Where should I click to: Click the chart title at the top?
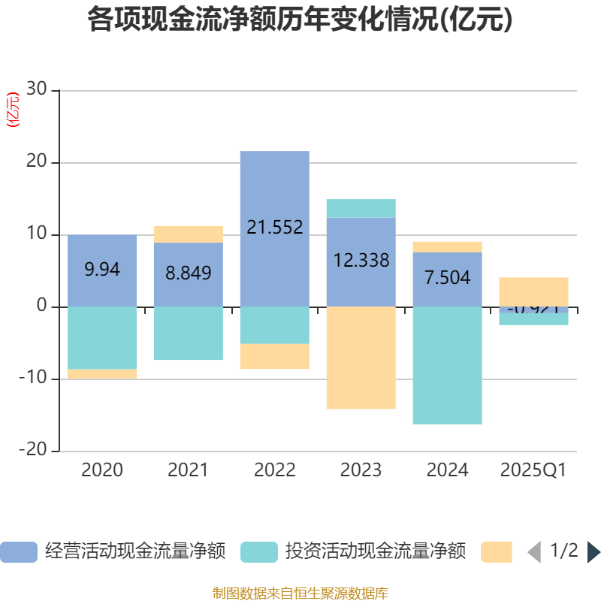click(300, 20)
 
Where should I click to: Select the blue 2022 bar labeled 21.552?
click(274, 188)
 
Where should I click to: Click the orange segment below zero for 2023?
click(361, 358)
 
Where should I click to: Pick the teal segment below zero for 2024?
click(447, 365)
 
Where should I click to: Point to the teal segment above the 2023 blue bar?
click(361, 208)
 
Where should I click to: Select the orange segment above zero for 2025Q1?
click(533, 291)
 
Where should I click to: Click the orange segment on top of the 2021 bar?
click(188, 234)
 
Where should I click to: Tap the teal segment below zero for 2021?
click(188, 334)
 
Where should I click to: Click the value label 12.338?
click(361, 261)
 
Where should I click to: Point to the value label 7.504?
click(447, 278)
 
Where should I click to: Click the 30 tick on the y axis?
click(37, 90)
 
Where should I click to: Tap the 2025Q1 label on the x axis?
click(533, 470)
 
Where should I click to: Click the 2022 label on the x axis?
click(274, 470)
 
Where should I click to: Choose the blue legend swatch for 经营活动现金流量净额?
click(19, 552)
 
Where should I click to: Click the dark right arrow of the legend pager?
click(593, 552)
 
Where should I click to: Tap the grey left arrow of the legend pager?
click(534, 552)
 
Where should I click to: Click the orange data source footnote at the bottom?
click(300, 593)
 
